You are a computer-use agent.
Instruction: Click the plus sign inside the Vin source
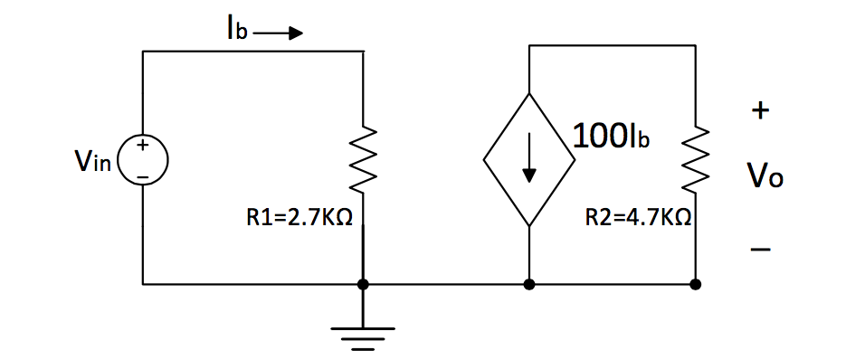143,146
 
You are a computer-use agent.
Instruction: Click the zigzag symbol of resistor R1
363,161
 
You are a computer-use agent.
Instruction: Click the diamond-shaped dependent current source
528,159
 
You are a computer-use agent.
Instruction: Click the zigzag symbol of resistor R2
695,161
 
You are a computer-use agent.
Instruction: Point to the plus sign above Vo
761,111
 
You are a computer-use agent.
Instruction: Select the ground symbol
363,336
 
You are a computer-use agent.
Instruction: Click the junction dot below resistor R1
363,284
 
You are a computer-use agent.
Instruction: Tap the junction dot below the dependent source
528,284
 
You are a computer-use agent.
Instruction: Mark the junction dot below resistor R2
695,284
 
